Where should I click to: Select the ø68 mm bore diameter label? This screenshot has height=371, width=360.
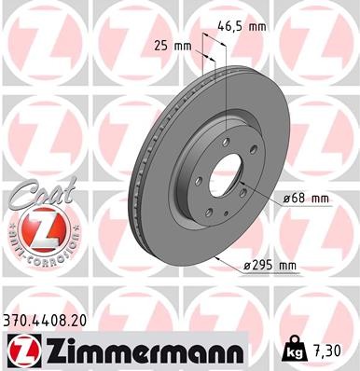(306, 198)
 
